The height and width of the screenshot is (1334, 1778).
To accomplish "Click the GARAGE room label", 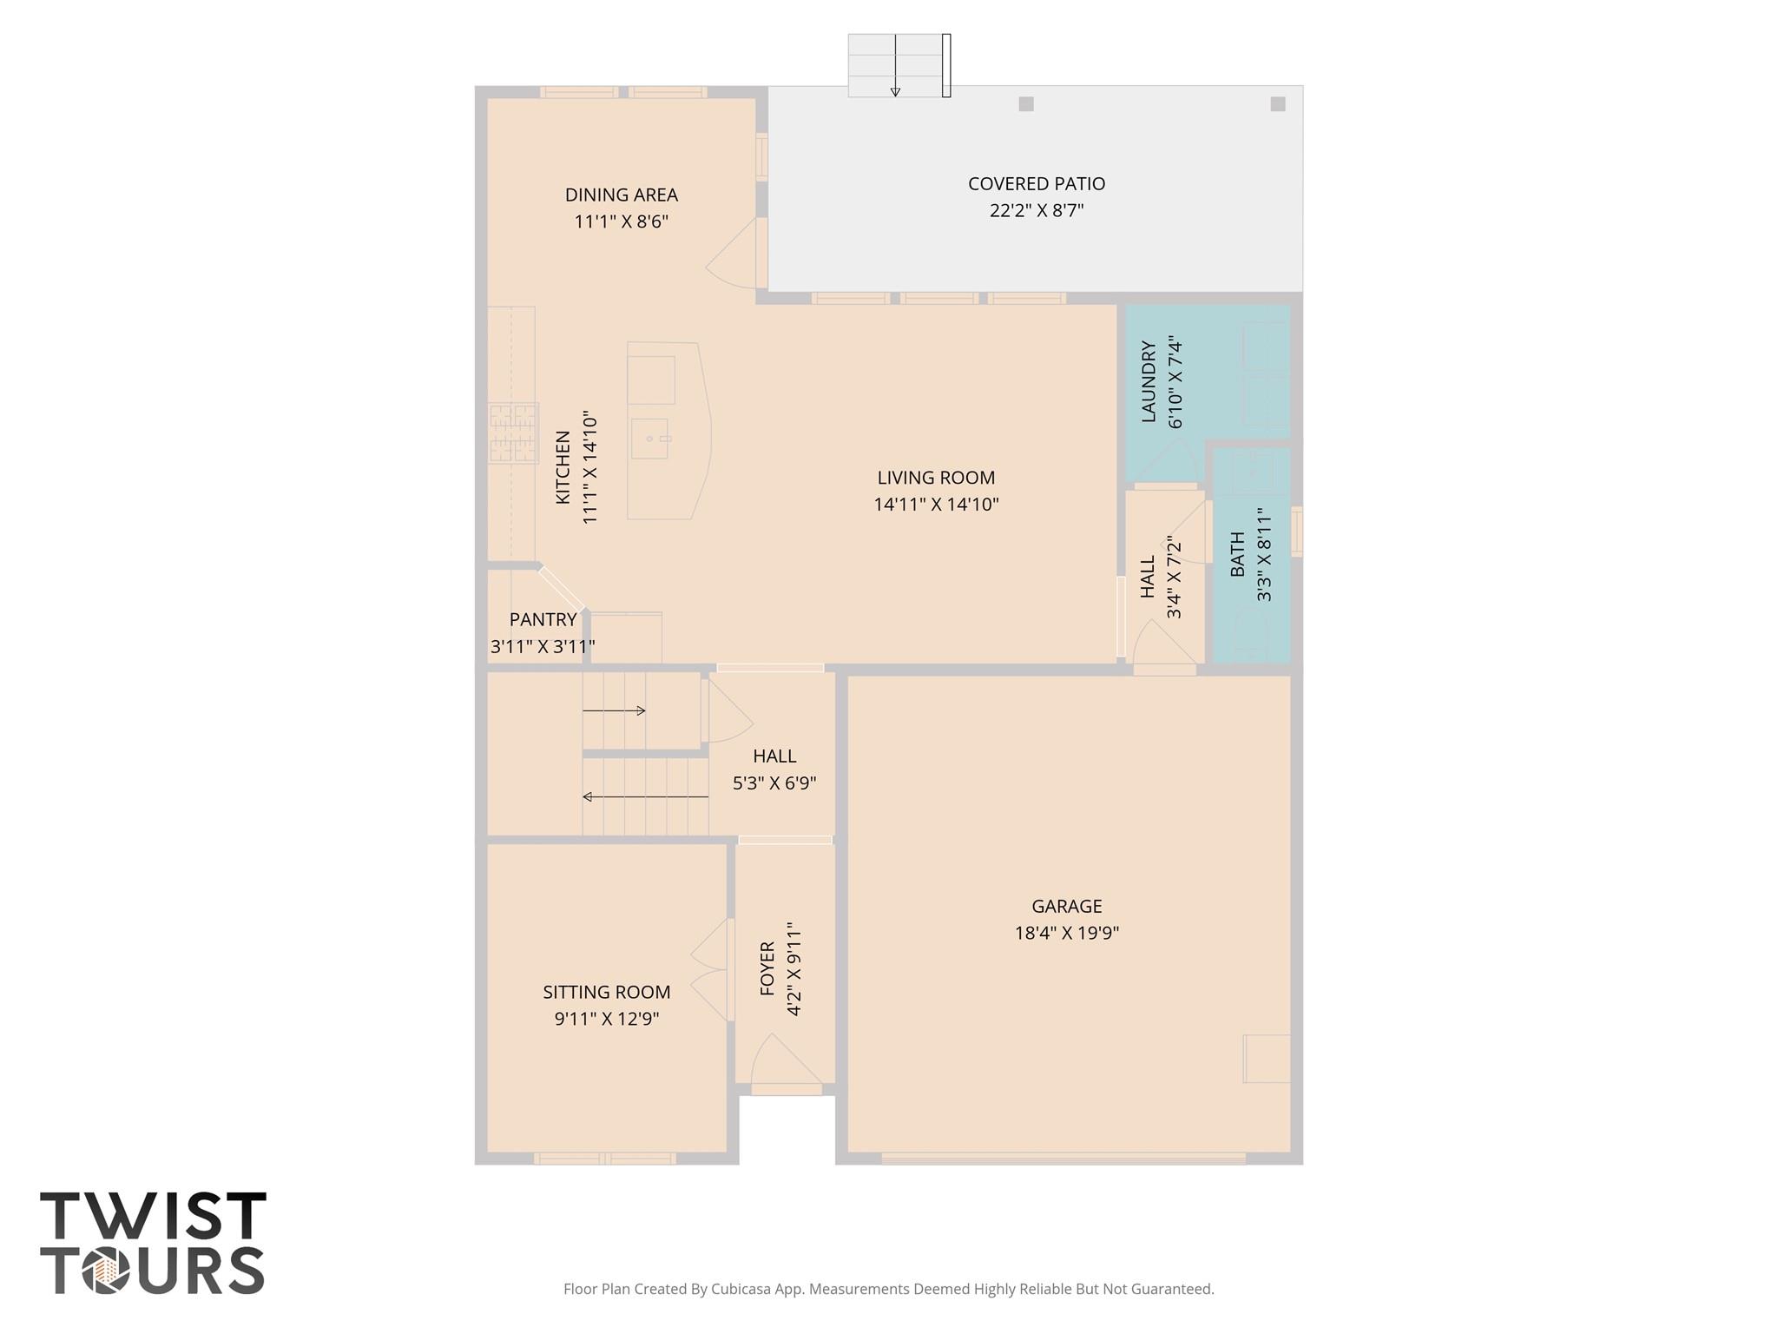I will point(1066,906).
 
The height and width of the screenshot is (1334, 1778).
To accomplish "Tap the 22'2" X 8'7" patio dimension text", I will point(1037,210).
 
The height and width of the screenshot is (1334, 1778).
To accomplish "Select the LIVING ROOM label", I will point(936,478).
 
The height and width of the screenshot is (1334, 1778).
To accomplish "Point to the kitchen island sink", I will point(650,439).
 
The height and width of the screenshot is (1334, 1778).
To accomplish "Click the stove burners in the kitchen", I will point(512,433).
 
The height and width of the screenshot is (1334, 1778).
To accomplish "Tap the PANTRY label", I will point(543,619).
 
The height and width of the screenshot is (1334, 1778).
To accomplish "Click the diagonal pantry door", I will point(562,588).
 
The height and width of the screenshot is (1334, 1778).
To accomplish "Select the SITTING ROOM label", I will point(606,992).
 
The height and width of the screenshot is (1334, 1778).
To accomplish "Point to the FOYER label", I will point(767,968).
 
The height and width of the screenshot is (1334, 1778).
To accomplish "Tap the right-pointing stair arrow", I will point(615,710).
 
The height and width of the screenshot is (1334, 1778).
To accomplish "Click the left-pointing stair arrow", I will point(644,796).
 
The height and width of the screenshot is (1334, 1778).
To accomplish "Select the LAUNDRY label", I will point(1149,382).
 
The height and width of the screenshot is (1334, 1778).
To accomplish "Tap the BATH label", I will point(1237,554).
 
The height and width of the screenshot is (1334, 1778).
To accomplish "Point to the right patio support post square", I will point(1277,104).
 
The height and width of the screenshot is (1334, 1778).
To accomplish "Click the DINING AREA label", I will point(621,195).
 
